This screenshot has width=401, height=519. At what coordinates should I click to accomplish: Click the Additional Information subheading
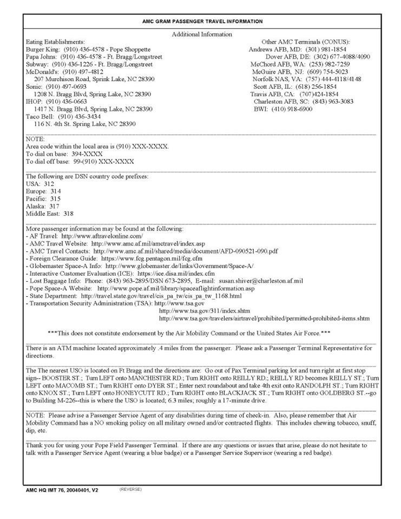(x=202, y=34)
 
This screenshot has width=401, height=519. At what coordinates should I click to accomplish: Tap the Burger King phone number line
(x=88, y=49)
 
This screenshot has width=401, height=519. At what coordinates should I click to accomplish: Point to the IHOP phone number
(x=67, y=101)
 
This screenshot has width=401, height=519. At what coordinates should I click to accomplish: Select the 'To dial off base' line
(x=80, y=162)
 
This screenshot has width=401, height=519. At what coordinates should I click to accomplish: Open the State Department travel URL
(x=161, y=296)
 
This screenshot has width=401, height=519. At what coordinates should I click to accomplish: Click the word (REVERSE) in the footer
(x=130, y=489)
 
